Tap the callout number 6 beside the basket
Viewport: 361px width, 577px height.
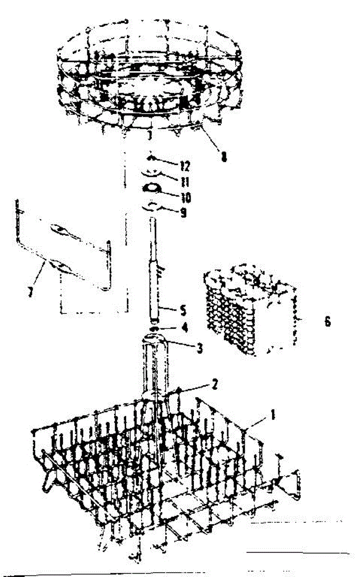[x=327, y=322]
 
